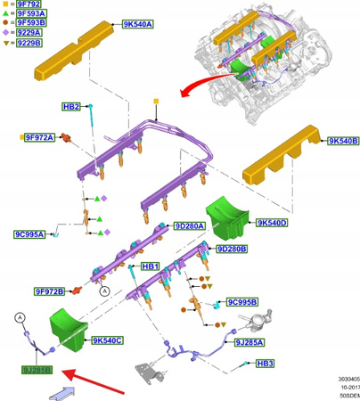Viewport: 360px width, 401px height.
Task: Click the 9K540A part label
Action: pos(137,25)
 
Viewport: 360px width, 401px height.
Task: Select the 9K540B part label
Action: pos(342,141)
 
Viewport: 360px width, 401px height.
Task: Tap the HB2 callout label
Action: pos(71,107)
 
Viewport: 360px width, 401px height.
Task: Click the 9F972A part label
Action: pos(39,137)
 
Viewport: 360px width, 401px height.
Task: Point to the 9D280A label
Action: pos(189,226)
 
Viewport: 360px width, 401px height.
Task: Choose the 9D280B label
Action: pos(231,249)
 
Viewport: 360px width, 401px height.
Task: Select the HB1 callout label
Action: pos(150,266)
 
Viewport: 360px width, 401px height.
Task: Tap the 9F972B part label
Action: pos(50,291)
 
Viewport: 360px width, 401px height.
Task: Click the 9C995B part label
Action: pos(241,302)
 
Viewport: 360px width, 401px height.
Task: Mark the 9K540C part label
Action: pos(107,340)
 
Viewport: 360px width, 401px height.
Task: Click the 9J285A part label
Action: pos(249,340)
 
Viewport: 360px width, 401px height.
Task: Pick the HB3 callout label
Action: pos(266,364)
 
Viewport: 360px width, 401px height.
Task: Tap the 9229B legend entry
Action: pos(26,41)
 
